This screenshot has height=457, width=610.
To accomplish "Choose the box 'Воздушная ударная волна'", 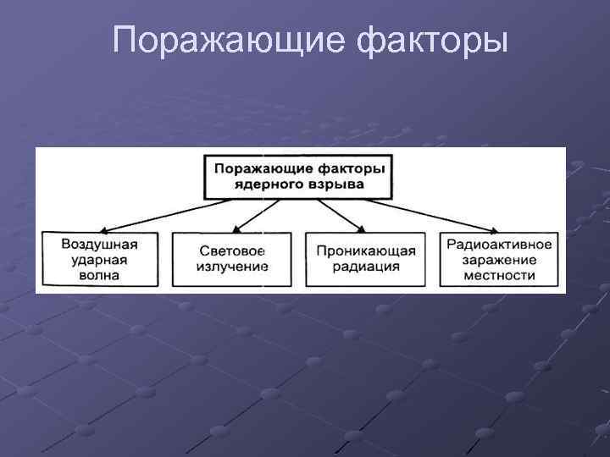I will (x=99, y=259).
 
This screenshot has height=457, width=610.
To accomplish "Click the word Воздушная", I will (x=99, y=244).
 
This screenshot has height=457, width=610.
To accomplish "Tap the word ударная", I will (x=99, y=259).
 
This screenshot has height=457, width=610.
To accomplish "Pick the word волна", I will (x=99, y=274).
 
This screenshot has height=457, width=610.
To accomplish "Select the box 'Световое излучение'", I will (x=233, y=259).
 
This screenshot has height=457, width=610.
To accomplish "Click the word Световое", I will (x=233, y=251).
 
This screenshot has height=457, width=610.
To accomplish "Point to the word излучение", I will (x=233, y=267).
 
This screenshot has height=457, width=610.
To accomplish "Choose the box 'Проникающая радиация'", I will (x=366, y=259).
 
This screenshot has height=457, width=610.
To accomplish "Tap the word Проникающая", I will (x=366, y=251).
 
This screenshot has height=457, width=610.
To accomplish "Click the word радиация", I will (x=366, y=267).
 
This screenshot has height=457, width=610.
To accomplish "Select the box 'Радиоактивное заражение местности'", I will (x=499, y=259).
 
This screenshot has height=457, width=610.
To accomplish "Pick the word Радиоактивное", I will (x=499, y=244).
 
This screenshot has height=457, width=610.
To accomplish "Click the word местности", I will (x=499, y=274).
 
